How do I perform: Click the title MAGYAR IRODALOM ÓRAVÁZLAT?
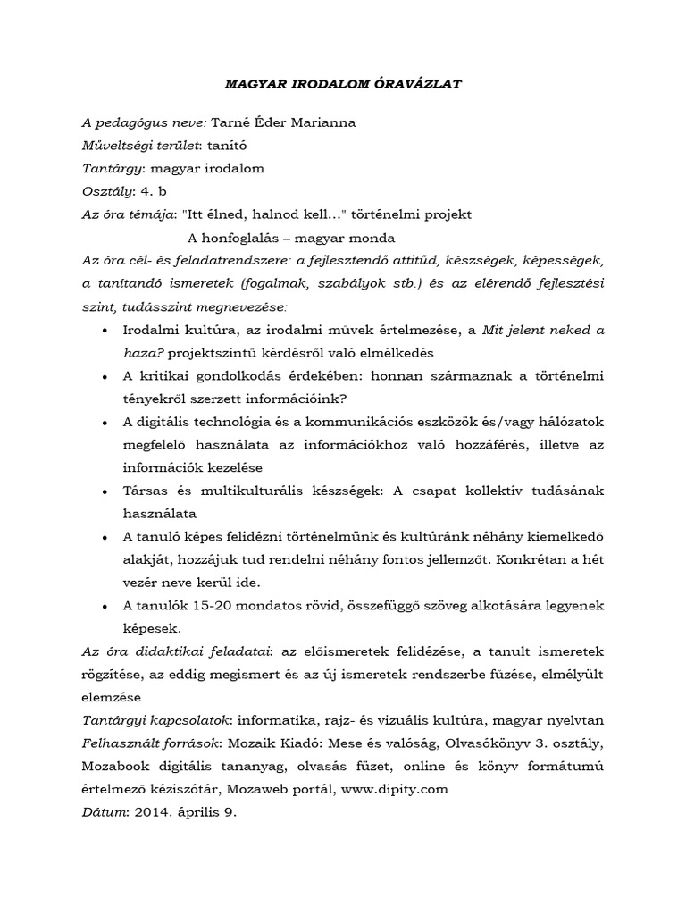(342, 83)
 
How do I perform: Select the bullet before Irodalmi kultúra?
(106, 332)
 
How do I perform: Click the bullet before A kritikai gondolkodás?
(106, 376)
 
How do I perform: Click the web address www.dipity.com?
(394, 789)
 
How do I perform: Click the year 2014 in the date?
(151, 812)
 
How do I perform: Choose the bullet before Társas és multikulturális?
(106, 491)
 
